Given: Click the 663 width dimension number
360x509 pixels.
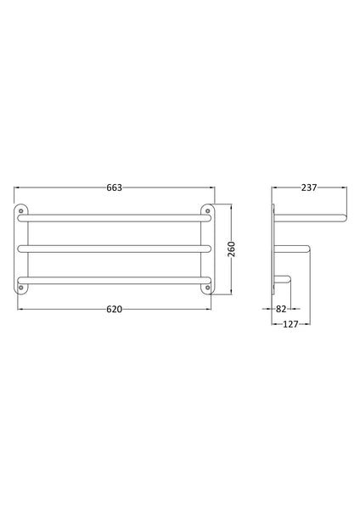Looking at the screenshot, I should click(x=115, y=188).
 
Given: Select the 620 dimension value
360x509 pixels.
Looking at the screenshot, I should click(x=115, y=309).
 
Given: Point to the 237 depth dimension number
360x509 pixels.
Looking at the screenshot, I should click(x=308, y=188).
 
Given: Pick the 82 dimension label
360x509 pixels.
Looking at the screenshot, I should click(x=281, y=309).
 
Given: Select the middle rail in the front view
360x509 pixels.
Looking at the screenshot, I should click(x=115, y=248).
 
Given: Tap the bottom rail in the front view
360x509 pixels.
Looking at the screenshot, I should click(x=115, y=277).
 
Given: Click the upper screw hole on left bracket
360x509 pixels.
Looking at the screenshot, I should click(x=21, y=209).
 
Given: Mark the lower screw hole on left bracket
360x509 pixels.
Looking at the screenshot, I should click(x=21, y=288).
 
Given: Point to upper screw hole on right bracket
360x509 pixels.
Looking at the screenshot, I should click(x=207, y=209).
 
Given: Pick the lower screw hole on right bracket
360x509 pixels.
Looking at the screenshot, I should click(x=207, y=288).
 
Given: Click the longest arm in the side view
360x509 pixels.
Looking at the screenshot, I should click(x=310, y=218).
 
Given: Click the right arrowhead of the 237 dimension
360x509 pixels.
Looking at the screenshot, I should click(x=344, y=188).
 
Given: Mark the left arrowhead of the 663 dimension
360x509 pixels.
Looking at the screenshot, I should click(x=17, y=188).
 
